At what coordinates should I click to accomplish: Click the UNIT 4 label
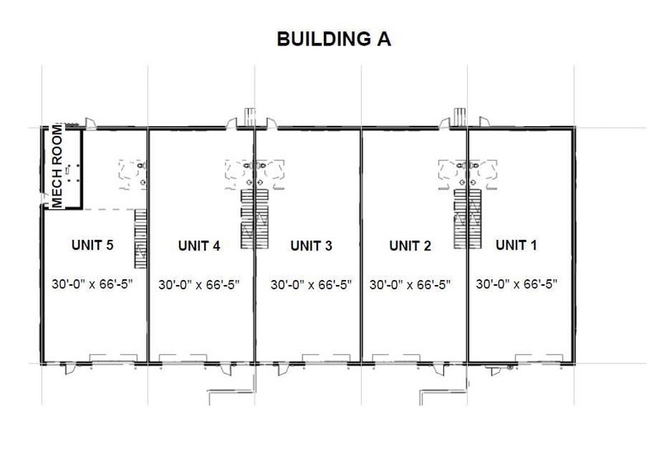point(199,245)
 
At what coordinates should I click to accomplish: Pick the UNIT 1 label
point(517,245)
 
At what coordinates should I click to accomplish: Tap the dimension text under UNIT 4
point(199,284)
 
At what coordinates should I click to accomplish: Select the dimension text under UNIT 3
point(311,284)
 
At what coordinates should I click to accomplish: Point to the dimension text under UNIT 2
point(410,284)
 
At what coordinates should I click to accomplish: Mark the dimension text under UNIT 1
point(517,284)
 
